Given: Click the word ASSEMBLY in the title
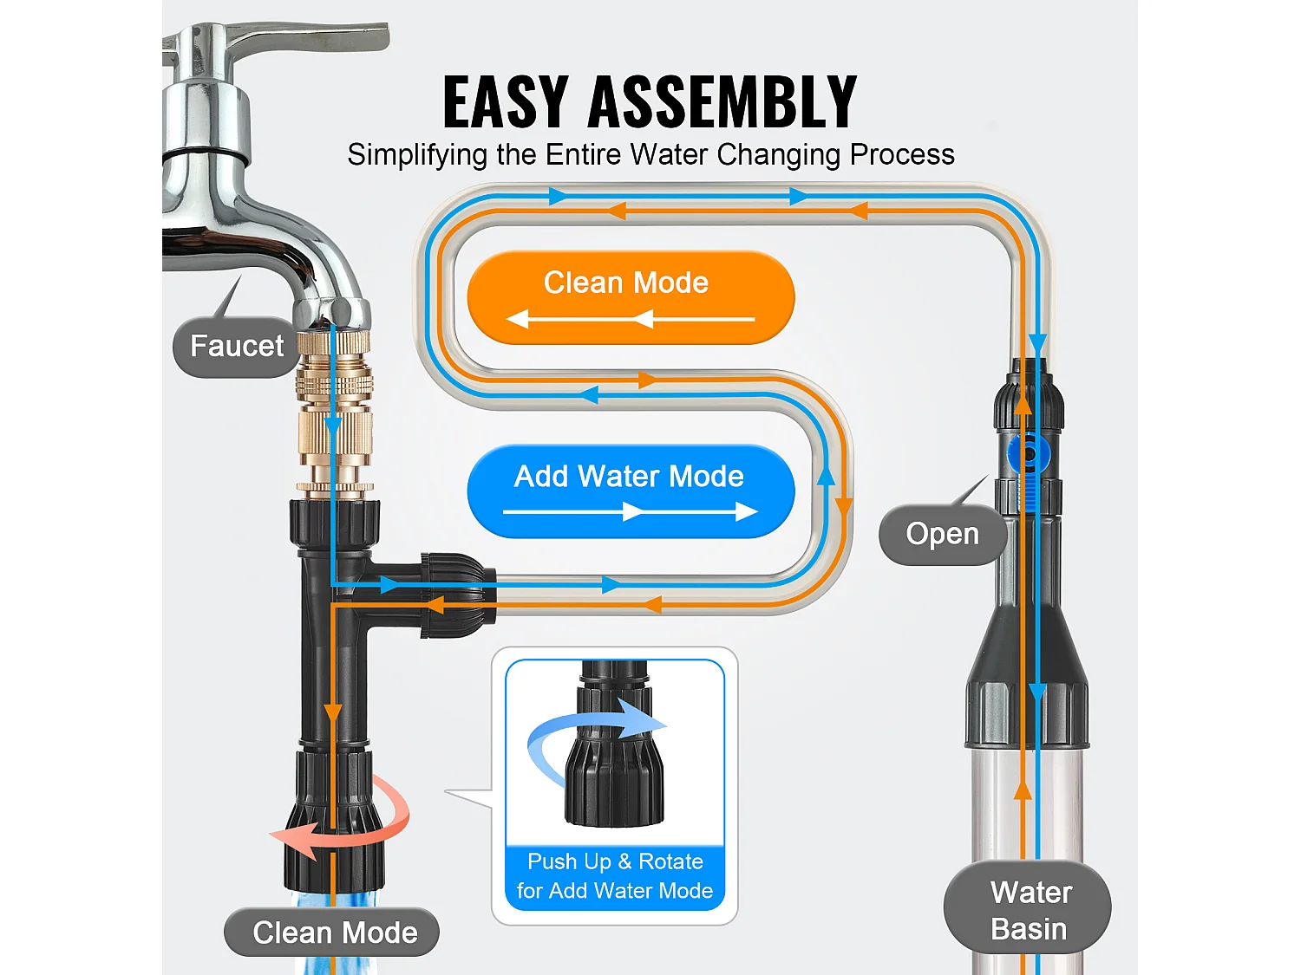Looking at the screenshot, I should [x=722, y=102].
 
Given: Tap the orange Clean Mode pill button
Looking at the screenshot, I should [x=631, y=296].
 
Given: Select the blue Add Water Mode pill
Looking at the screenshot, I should [x=631, y=491].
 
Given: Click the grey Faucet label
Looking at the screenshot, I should [x=237, y=347].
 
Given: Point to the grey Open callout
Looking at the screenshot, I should [x=942, y=534].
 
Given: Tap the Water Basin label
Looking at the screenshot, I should [x=1029, y=910].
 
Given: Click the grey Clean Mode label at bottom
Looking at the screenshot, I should [x=334, y=933].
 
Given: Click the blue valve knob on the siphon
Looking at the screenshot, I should [x=1029, y=452].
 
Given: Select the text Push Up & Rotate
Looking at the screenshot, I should [x=614, y=861].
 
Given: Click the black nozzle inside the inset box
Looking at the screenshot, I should [x=614, y=763].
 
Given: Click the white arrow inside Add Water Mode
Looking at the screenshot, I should [x=631, y=512].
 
